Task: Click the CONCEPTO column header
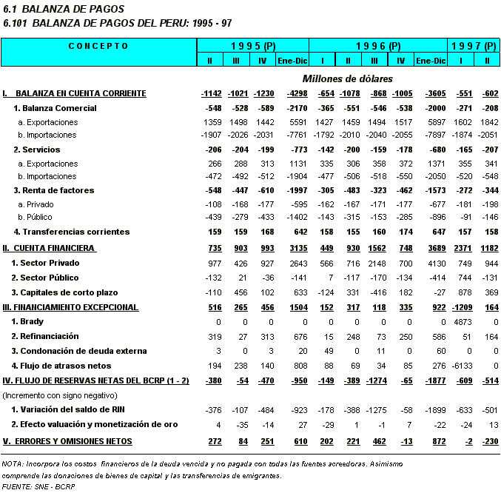pyautogui.click(x=98, y=46)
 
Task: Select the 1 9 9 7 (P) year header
pyautogui.click(x=473, y=46)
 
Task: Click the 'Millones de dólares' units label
pyautogui.click(x=347, y=78)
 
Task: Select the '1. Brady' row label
pyautogui.click(x=27, y=322)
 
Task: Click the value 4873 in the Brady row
pyautogui.click(x=462, y=322)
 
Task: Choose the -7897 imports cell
pyautogui.click(x=431, y=135)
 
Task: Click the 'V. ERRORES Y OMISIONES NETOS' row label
pyautogui.click(x=67, y=441)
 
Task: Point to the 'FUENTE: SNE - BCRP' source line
pyautogui.click(x=38, y=487)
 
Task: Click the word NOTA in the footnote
pyautogui.click(x=13, y=464)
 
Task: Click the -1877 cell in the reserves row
pyautogui.click(x=431, y=381)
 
